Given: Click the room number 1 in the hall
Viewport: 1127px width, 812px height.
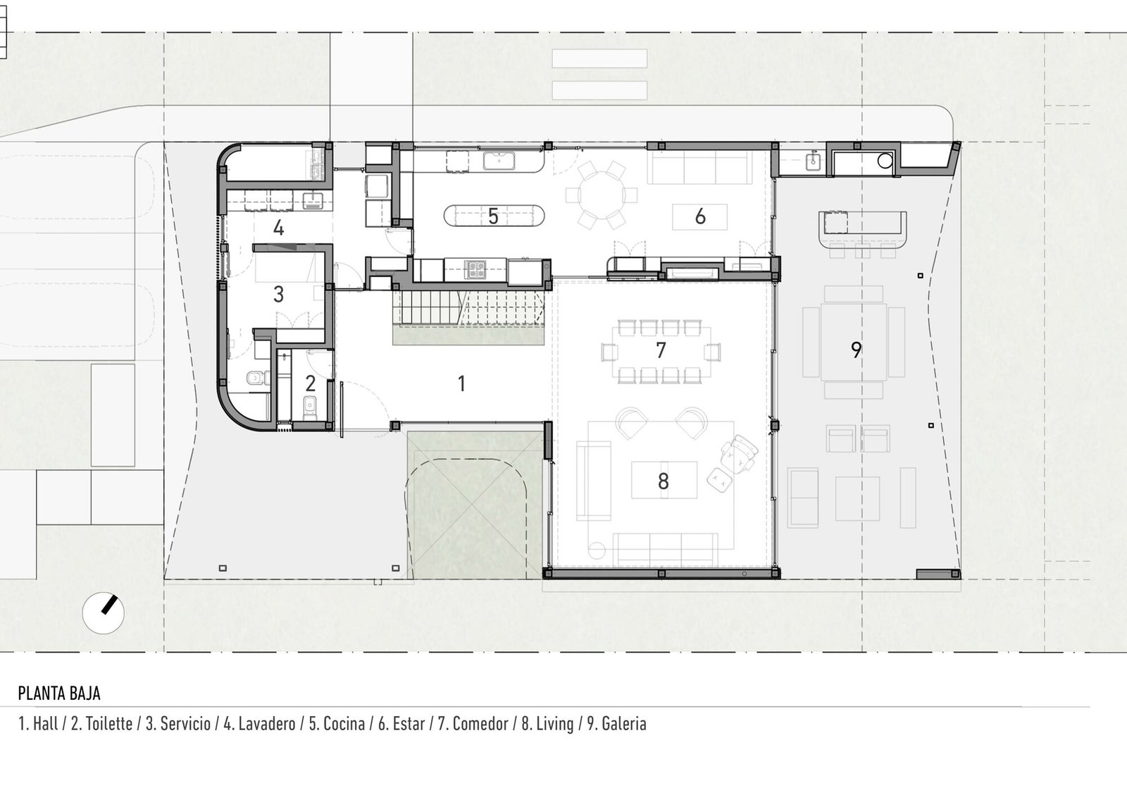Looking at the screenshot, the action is [462, 383].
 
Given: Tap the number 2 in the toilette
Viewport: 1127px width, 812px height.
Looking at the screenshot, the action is [311, 383].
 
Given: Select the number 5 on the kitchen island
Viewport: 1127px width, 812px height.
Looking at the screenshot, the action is [493, 216].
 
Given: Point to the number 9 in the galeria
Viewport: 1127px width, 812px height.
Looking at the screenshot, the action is [856, 350].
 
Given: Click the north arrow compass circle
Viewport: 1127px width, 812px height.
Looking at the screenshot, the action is [103, 613].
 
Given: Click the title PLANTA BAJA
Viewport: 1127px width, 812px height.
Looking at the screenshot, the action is [59, 693].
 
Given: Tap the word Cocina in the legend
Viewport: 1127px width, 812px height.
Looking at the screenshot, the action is [344, 723].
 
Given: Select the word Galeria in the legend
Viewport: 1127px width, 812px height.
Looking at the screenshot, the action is [624, 723].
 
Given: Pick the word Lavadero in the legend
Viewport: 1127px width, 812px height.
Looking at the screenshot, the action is [267, 723].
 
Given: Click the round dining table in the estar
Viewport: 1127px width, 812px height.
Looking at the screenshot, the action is [602, 195].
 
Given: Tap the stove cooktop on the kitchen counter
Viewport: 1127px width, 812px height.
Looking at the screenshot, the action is [475, 270].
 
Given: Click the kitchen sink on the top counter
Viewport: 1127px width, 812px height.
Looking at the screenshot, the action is [499, 161].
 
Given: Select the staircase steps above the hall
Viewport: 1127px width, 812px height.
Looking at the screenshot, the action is [468, 307].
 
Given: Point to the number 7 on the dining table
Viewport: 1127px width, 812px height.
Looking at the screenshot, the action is [661, 350].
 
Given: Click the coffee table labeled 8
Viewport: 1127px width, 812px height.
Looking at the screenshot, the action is [664, 480].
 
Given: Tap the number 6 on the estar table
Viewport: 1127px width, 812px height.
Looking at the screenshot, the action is [700, 216].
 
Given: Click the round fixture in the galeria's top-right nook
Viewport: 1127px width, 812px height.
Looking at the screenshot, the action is [885, 161].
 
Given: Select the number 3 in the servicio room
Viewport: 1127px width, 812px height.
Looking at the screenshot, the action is [278, 294].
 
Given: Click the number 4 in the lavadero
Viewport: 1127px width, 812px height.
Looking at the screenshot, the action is [278, 228].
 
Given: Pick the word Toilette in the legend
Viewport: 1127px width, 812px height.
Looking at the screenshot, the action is [108, 723].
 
